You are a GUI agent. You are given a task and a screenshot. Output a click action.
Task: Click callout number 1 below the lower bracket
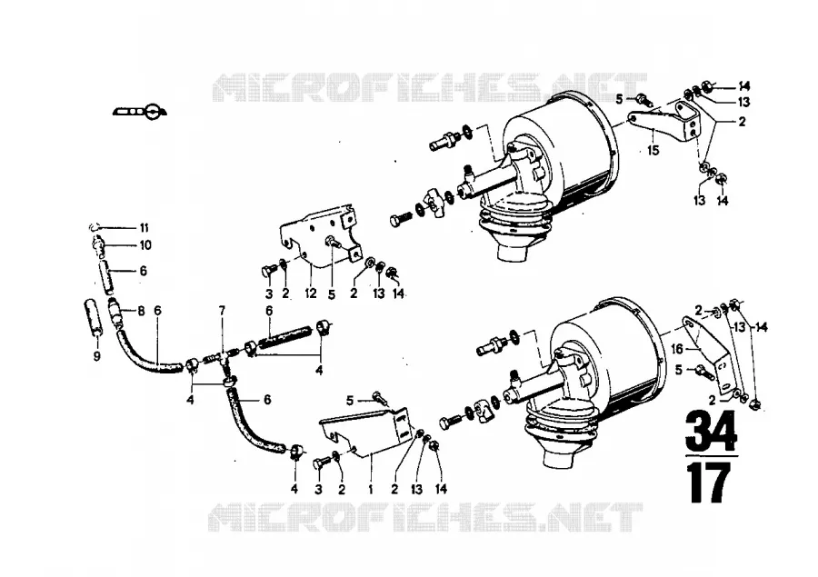[371, 489]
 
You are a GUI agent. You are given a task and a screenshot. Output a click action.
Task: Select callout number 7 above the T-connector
[222, 311]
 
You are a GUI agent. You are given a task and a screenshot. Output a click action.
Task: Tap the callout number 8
[141, 311]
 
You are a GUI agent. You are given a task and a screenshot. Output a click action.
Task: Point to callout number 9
[97, 356]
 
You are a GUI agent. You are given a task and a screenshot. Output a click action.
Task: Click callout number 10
[145, 244]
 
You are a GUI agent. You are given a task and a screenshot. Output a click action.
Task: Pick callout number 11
[144, 227]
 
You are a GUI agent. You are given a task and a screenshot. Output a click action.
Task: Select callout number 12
[311, 293]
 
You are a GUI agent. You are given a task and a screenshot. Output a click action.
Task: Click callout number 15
[653, 150]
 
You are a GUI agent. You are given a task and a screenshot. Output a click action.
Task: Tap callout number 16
[676, 349]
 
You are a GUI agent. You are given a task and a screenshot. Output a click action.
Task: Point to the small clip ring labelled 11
[94, 226]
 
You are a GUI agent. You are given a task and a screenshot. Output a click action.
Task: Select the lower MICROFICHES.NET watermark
[425, 517]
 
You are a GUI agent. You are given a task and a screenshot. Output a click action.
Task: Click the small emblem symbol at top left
[140, 111]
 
